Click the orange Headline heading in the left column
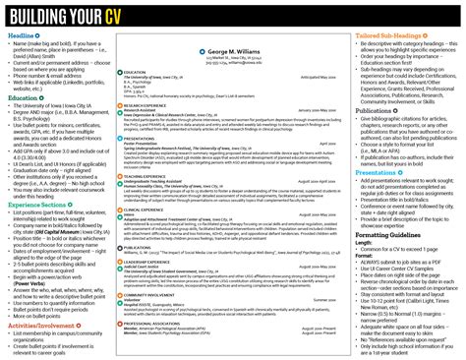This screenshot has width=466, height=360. (22, 36)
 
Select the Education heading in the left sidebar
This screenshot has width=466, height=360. (24, 98)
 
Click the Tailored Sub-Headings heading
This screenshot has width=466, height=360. (394, 36)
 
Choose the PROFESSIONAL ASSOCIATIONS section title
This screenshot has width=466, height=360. (152, 321)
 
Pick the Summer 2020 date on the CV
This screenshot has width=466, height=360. (319, 299)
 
